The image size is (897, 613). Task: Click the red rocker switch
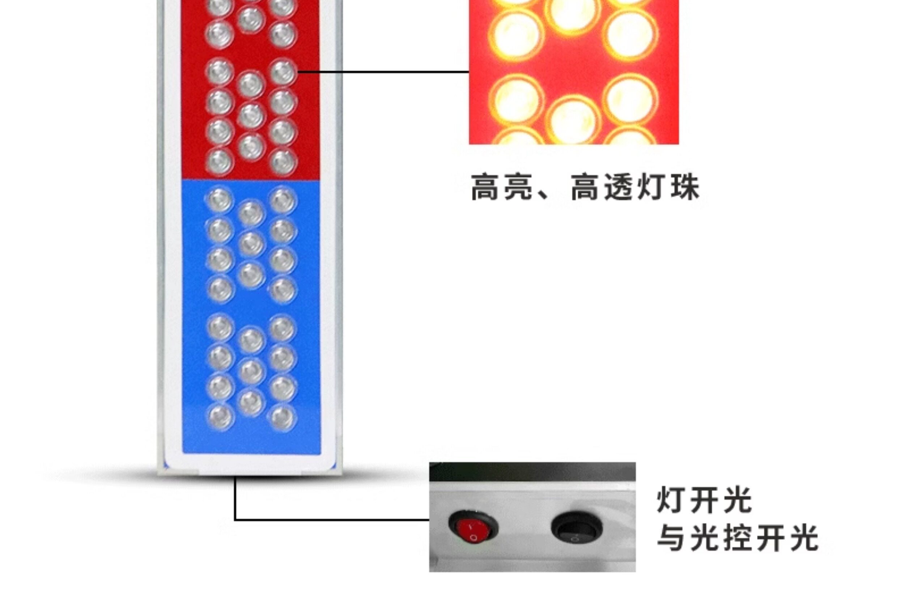point(473,527)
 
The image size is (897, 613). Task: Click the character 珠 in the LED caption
point(685,187)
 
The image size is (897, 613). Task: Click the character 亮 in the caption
point(518,187)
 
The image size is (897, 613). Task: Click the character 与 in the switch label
point(672,538)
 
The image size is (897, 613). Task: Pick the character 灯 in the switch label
point(671,500)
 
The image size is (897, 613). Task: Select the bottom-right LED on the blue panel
point(283,418)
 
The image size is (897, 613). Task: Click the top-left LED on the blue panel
point(220,200)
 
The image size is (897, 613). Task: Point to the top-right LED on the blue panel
point(283,201)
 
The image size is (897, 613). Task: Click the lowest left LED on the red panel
point(220,161)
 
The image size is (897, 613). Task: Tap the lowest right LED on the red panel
point(283,161)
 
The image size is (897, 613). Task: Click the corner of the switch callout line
point(235,520)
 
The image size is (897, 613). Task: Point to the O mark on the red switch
point(474,537)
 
